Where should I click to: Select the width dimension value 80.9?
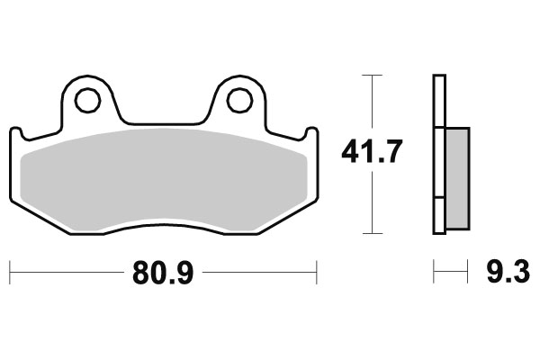pos(163,270)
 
